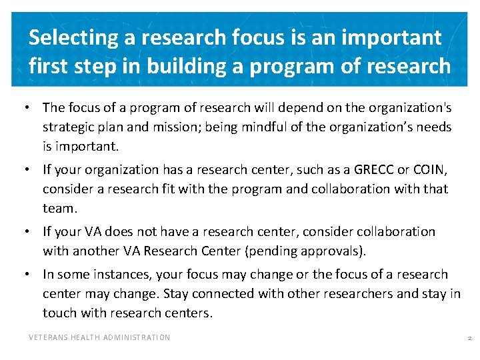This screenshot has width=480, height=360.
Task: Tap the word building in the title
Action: pos(184,66)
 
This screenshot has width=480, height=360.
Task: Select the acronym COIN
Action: pos(431,170)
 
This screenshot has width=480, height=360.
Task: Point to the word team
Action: pos(59,209)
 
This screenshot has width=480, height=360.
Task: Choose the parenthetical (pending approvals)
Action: pos(312,251)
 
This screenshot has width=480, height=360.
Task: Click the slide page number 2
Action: pos(469,339)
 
